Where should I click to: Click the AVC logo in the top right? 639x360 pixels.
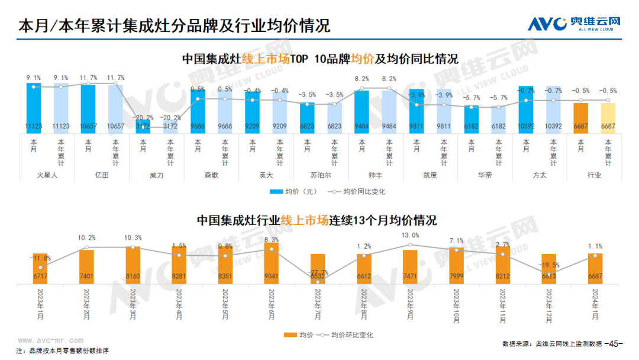[x=574, y=24]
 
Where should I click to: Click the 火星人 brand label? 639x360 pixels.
[x=47, y=175]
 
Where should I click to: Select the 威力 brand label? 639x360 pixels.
[x=156, y=175]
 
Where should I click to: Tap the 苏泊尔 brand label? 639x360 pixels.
[x=321, y=175]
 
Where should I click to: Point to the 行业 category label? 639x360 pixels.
[x=594, y=175]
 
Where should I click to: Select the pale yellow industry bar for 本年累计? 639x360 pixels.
[x=608, y=116]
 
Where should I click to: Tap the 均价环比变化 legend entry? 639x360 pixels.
[x=346, y=335]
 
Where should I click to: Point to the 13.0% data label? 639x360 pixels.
[x=410, y=235]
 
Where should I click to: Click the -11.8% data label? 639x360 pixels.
[x=40, y=258]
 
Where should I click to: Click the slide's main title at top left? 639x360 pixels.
[x=175, y=26]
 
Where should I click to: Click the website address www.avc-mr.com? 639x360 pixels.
[x=50, y=341]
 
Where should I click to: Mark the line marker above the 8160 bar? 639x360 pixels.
[x=133, y=247]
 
